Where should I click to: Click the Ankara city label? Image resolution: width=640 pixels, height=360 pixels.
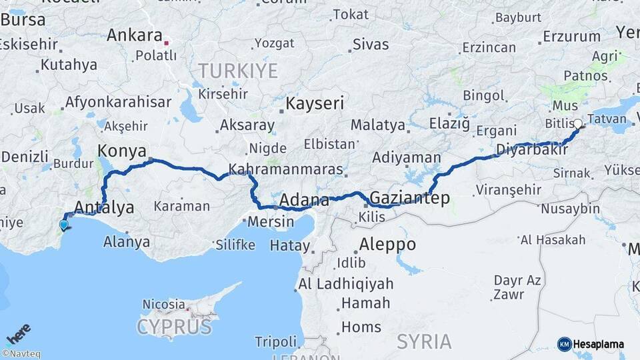134,35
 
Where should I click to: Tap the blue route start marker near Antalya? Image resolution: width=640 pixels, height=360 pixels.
64,225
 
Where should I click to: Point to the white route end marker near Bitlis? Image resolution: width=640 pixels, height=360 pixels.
577,123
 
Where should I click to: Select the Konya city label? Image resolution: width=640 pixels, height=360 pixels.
122,150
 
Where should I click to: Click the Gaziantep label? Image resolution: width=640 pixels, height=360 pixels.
409,198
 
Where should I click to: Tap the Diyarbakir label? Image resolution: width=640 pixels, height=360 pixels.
531,149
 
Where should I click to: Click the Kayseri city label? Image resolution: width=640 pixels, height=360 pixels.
315,103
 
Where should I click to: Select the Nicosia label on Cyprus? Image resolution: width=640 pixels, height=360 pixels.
163,304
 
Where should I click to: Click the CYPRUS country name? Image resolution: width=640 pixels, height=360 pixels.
174,327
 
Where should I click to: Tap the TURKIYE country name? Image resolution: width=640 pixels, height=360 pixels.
237,71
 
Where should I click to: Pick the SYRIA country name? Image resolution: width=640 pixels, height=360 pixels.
424,341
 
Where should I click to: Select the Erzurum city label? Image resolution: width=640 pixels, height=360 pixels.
571,36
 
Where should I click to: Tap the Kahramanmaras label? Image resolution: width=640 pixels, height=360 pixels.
285,169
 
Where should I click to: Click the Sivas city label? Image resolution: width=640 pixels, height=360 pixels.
370,45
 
